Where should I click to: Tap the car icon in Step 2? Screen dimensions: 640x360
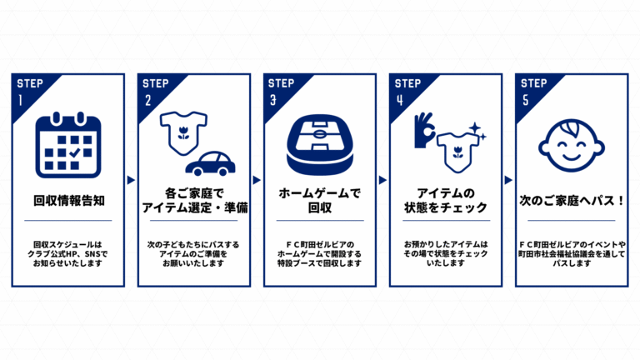pos(210,163)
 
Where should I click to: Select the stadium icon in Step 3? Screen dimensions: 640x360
pos(320,144)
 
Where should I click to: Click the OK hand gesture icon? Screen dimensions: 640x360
pos(424,130)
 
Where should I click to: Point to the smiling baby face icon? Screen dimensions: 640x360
pos(572,145)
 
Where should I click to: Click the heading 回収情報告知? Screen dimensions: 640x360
pos(69,200)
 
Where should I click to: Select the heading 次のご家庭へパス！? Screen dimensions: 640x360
pos(572,200)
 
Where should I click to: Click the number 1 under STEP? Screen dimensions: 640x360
pos(20,100)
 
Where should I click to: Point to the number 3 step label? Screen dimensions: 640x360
pos(273,100)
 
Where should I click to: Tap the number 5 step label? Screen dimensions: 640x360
pos(526,100)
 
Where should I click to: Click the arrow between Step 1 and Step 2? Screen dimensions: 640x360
pos(131,180)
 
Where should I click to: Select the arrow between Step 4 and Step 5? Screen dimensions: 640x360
pos(508,180)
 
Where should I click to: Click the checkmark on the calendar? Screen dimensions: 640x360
pos(75,152)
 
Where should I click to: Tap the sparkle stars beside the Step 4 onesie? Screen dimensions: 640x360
pos(477,131)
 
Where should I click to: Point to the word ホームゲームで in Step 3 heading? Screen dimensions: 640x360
pos(320,193)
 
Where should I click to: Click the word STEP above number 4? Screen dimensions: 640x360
pos(407,83)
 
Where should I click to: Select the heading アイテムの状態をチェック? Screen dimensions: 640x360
pos(446,200)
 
